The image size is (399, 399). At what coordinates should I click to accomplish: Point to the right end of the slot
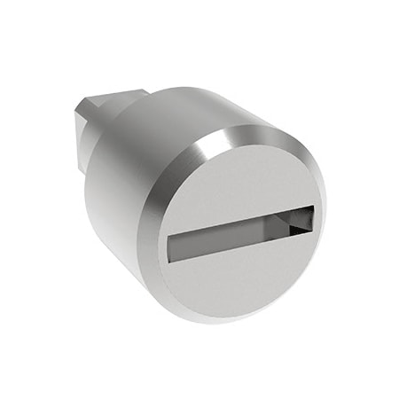click(312, 215)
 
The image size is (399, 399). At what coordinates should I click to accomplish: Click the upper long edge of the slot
click(239, 215)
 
